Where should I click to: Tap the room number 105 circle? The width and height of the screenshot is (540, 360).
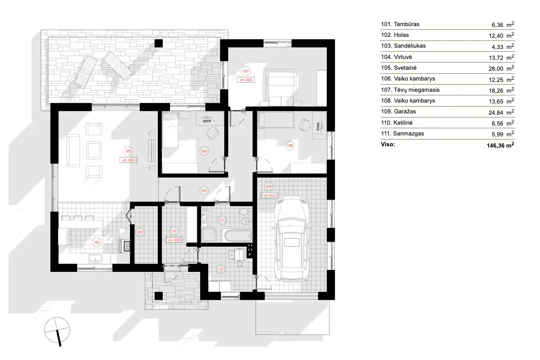[x=128, y=151]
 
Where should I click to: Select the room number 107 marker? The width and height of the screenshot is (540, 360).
[x=246, y=71]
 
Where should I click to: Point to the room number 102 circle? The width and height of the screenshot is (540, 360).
[x=204, y=190]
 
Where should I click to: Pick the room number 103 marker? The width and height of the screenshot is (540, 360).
[x=140, y=232]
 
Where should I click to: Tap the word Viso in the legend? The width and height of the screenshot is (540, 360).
[x=388, y=145]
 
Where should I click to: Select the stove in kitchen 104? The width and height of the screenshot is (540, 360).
[x=126, y=246]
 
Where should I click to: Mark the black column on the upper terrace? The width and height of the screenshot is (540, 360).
[x=158, y=43]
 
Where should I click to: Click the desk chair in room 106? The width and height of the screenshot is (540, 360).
[x=211, y=132]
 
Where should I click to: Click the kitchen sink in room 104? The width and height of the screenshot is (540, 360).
[x=95, y=258]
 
